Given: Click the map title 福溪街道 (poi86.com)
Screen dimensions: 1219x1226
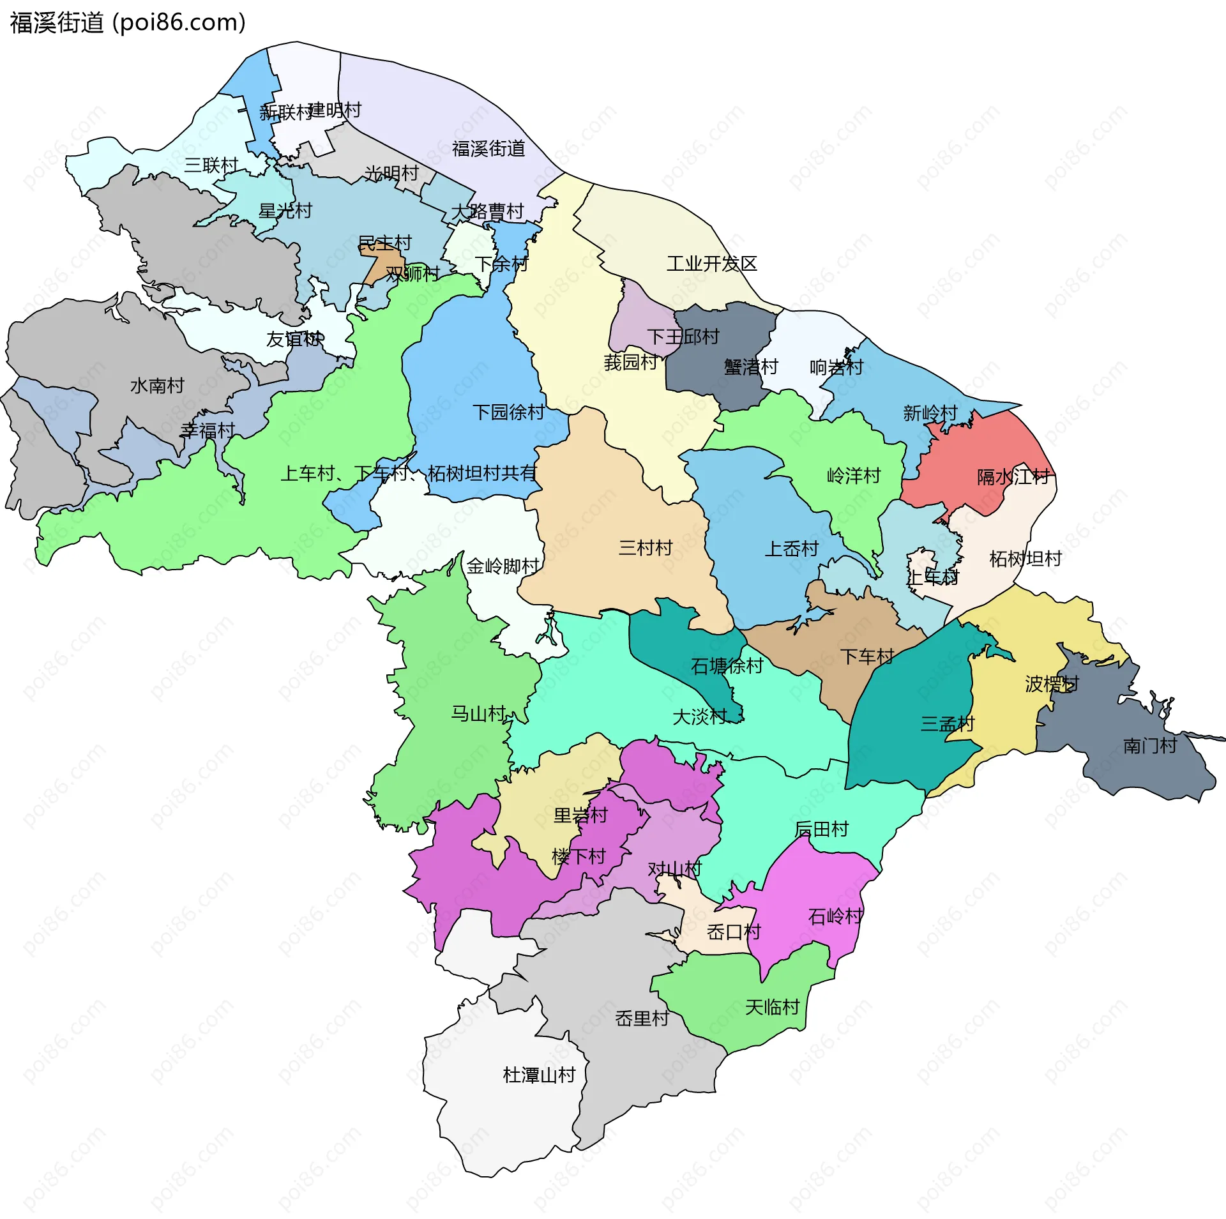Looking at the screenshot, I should point(128,23).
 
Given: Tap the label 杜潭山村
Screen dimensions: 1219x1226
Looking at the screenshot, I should point(539,1075).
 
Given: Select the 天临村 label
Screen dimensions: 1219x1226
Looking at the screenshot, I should point(772,1008).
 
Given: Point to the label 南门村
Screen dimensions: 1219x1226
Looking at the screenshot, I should point(1149,745).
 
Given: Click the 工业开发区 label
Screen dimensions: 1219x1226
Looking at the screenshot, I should point(711,264).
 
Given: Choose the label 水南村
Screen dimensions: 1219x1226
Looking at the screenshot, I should point(157,386).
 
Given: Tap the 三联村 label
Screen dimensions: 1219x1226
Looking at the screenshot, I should point(211,165).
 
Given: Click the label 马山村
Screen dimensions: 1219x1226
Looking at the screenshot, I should point(478,713).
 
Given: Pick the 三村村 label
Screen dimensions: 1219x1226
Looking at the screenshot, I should point(646,548).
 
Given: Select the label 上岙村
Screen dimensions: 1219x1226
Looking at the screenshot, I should point(791,549).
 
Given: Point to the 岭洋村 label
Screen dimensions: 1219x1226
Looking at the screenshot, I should point(853,476).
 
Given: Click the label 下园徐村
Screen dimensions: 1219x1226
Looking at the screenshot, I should point(508,413).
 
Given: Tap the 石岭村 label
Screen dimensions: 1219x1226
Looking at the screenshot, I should point(835,917).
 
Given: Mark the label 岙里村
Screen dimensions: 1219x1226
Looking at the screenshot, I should point(642,1018).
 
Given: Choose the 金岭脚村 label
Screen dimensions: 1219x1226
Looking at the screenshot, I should point(503,566).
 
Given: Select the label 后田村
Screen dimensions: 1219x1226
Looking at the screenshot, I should point(821,829).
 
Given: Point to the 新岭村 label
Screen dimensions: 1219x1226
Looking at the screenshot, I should point(930,413).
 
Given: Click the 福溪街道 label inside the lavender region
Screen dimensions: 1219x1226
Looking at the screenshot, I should point(488,149).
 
